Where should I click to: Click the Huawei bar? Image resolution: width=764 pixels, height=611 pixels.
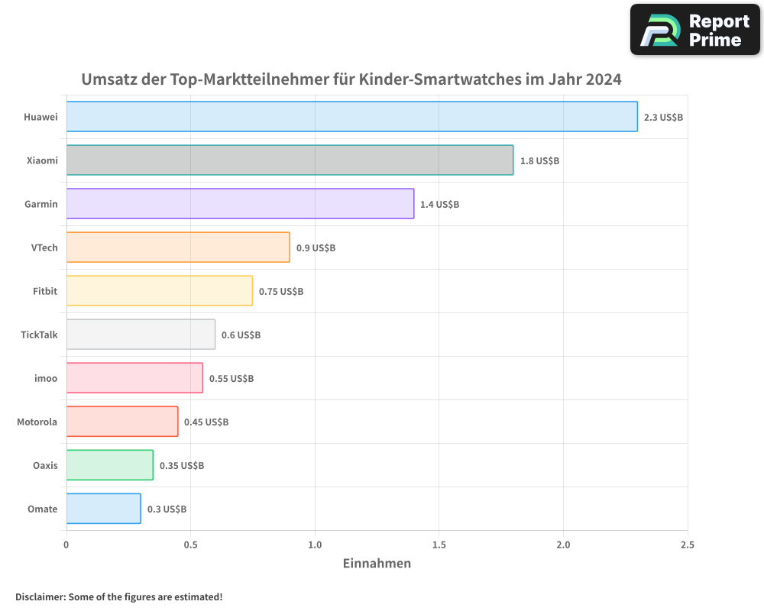coord(351,117)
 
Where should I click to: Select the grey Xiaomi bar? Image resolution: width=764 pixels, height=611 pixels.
coord(290,160)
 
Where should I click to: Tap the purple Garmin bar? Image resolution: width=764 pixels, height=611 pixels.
coord(240,204)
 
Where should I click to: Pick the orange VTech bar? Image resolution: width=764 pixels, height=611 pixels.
coord(178,247)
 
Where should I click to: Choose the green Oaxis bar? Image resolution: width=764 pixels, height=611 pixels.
coord(109,465)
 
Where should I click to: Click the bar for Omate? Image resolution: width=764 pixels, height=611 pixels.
coord(103,509)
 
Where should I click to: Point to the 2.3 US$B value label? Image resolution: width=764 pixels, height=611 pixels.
coord(663,118)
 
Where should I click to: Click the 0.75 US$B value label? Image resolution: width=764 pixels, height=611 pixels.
coord(281,292)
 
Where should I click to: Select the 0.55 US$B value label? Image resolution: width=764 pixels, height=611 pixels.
coord(231,379)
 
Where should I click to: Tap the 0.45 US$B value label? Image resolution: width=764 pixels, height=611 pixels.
coord(206,422)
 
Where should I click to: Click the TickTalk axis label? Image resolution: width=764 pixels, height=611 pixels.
coord(39,335)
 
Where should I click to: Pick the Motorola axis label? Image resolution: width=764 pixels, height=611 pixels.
coord(37,422)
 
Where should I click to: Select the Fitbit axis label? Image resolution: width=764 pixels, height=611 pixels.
coord(45,291)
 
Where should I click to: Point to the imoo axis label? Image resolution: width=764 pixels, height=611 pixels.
coord(47,378)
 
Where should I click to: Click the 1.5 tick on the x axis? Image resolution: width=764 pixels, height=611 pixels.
coord(439,545)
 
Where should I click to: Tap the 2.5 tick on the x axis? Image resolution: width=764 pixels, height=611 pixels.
coord(687,545)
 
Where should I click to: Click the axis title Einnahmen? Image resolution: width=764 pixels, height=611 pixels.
coord(377,564)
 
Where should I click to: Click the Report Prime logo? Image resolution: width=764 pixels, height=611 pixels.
coord(694,30)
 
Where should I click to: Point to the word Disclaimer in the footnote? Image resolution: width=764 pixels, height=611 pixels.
coord(40,597)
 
